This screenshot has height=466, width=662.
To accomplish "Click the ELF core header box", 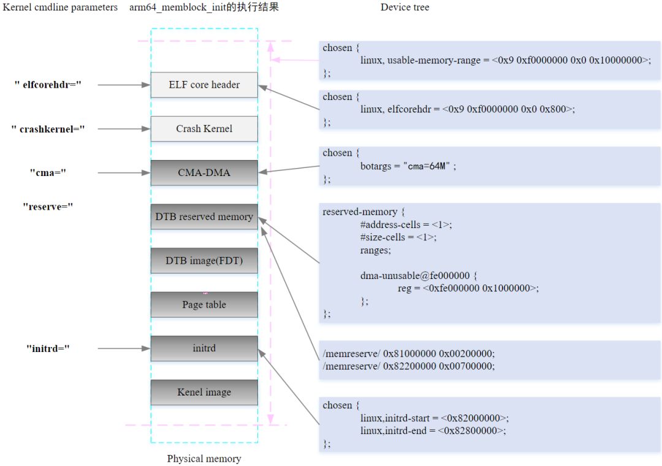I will point(204,85).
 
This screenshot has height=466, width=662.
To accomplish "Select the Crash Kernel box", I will point(204,129).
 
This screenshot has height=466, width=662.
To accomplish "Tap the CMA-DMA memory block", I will point(204,173).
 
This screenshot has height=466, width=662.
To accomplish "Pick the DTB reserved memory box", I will point(204,216).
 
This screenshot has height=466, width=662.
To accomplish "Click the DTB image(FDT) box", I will point(204,261).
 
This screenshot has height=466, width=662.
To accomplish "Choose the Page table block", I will point(204,305).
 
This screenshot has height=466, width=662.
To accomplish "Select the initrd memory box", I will point(204,348).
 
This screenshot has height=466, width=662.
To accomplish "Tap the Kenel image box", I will point(204,392).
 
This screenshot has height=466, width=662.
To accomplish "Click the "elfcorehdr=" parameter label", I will point(48,85).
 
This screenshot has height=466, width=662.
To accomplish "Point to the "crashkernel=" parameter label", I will point(48,129).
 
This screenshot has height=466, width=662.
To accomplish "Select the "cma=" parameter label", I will point(48,173).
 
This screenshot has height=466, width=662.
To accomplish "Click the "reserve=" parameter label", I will point(48,207).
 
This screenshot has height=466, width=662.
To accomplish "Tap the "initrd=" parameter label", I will point(48,348).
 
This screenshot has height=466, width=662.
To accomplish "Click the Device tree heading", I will point(405,7).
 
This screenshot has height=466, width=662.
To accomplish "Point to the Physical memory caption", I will point(204,459).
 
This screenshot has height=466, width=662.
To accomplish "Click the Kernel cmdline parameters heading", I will point(60,7).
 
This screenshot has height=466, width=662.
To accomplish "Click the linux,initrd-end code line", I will point(433,430).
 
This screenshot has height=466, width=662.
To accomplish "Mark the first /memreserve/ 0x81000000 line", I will point(408,354).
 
